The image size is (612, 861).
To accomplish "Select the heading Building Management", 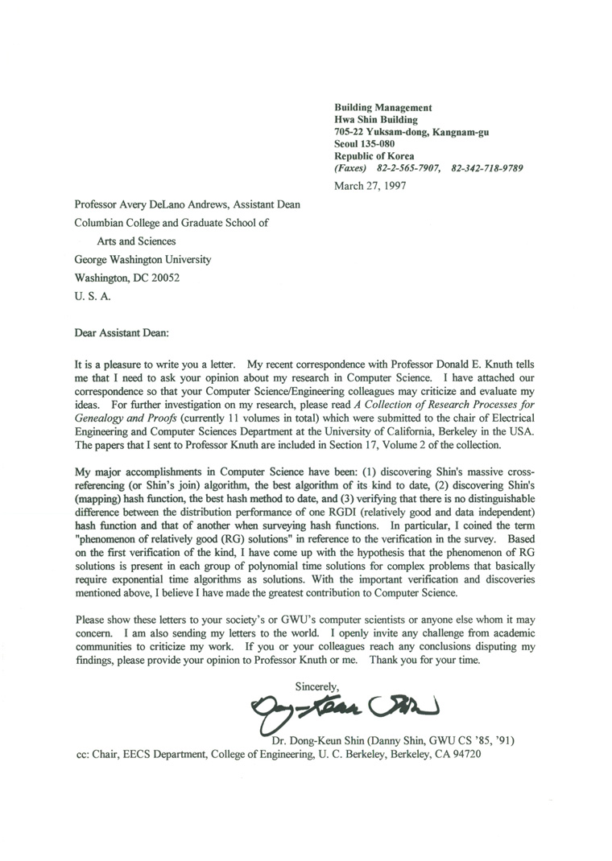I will (382, 108).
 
